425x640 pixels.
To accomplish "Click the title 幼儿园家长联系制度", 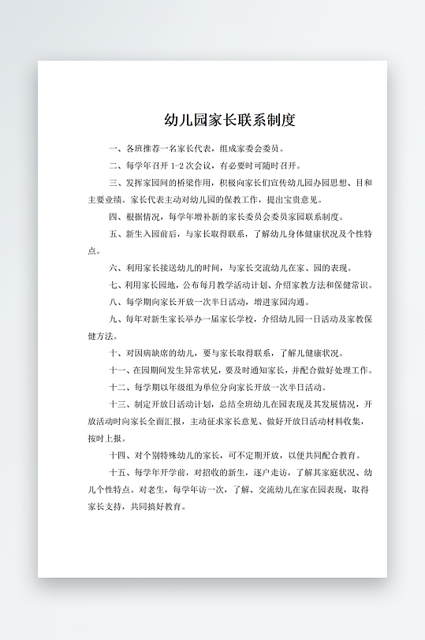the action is click(229, 121).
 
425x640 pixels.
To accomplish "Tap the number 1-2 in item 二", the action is click(176, 166).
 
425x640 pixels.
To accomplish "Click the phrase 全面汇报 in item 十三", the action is click(166, 422).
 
